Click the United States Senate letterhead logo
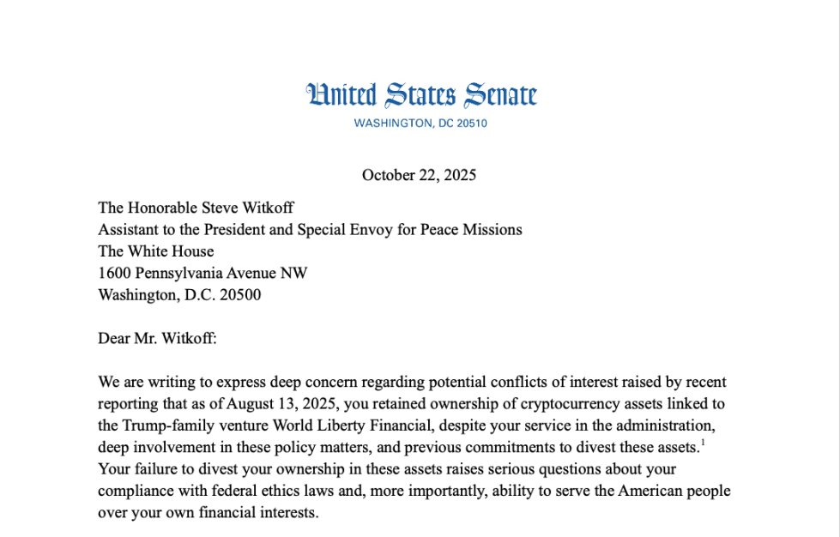coord(421,95)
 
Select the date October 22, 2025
coord(419,175)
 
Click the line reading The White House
coord(155,251)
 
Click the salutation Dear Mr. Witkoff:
coord(157,339)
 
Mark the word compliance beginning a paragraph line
coord(134,492)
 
